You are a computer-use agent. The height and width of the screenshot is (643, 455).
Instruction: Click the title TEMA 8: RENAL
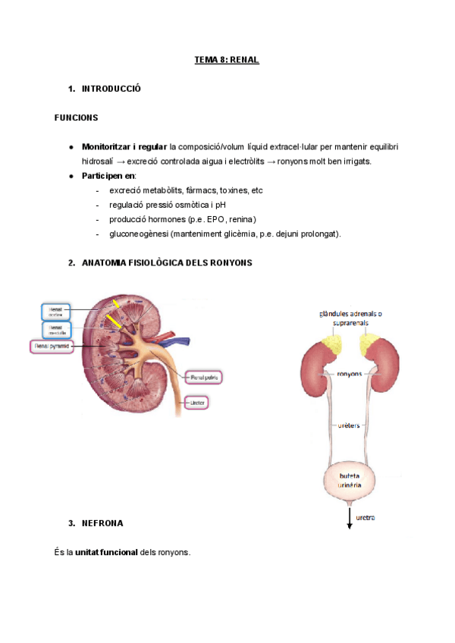[227, 60]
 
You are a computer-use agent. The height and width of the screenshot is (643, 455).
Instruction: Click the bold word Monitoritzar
[106, 146]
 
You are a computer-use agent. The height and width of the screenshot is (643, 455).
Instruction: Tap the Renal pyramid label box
[52, 346]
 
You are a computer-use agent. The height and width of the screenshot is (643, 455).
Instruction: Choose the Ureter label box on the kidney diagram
[206, 402]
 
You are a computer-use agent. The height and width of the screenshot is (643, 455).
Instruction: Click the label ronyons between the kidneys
[348, 374]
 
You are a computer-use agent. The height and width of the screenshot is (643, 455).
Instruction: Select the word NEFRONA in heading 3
[102, 523]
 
